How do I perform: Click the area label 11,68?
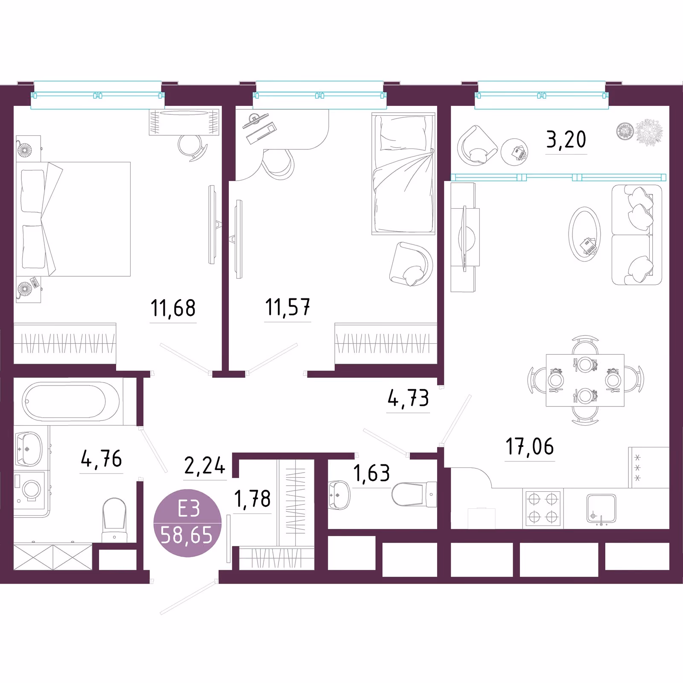pos(173,308)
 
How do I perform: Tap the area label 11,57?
pos(288,307)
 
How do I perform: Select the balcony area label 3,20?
pos(566,140)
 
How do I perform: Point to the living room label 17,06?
pos(530,447)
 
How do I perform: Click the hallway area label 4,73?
pos(408,398)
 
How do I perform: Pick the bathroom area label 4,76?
pos(102,459)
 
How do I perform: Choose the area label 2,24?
pos(205,466)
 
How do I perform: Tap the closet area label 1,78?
pos(252,499)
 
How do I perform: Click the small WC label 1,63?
pos(372,473)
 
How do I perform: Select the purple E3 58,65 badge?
pos(187,523)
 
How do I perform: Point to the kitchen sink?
pos(601,509)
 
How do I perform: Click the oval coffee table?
pos(585,234)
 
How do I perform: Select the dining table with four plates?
pos(585,380)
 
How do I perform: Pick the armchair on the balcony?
pos(477,146)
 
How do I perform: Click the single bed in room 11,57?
pos(403,174)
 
